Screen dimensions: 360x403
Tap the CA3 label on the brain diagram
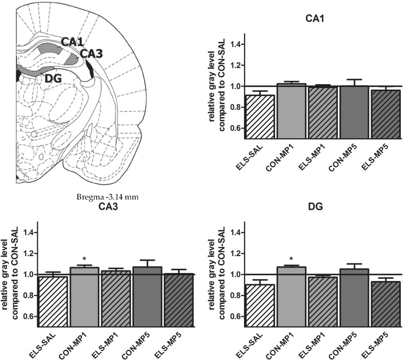(91, 53)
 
